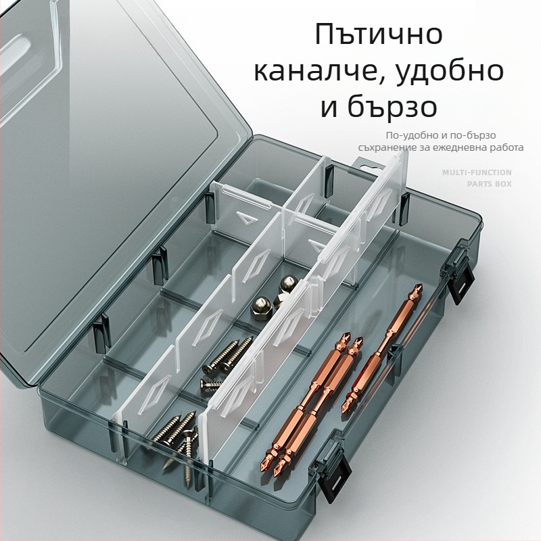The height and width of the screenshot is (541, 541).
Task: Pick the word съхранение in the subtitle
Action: pos(388,147)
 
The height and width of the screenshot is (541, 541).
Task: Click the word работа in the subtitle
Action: pos(507,147)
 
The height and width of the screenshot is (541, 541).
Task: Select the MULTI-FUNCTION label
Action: pos(476,172)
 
